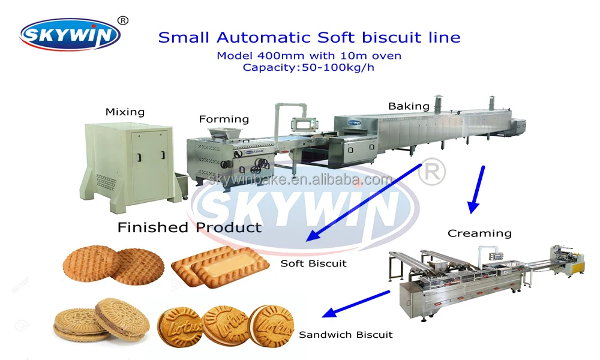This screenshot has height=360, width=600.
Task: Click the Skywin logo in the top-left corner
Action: [x=70, y=35]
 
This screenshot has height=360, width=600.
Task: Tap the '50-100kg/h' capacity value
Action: [x=338, y=68]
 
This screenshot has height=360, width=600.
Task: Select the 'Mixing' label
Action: [x=125, y=112]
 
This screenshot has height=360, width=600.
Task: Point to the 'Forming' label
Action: [x=224, y=119]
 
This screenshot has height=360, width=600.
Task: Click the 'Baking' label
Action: [x=409, y=106]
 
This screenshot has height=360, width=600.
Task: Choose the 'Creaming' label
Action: [x=479, y=233]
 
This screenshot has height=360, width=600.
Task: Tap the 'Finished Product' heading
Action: [x=190, y=227]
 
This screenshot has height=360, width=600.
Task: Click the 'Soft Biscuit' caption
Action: [x=313, y=263]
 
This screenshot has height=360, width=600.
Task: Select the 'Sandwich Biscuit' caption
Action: [x=346, y=335]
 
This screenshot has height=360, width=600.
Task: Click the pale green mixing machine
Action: [x=128, y=166]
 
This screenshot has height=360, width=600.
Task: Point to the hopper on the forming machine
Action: [x=225, y=134]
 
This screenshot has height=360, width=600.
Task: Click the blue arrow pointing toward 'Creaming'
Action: [x=477, y=189]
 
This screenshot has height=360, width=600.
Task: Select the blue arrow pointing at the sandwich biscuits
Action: [x=356, y=304]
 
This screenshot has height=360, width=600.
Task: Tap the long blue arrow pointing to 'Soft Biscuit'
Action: [x=364, y=203]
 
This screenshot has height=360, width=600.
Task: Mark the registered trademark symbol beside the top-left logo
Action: [x=122, y=20]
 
